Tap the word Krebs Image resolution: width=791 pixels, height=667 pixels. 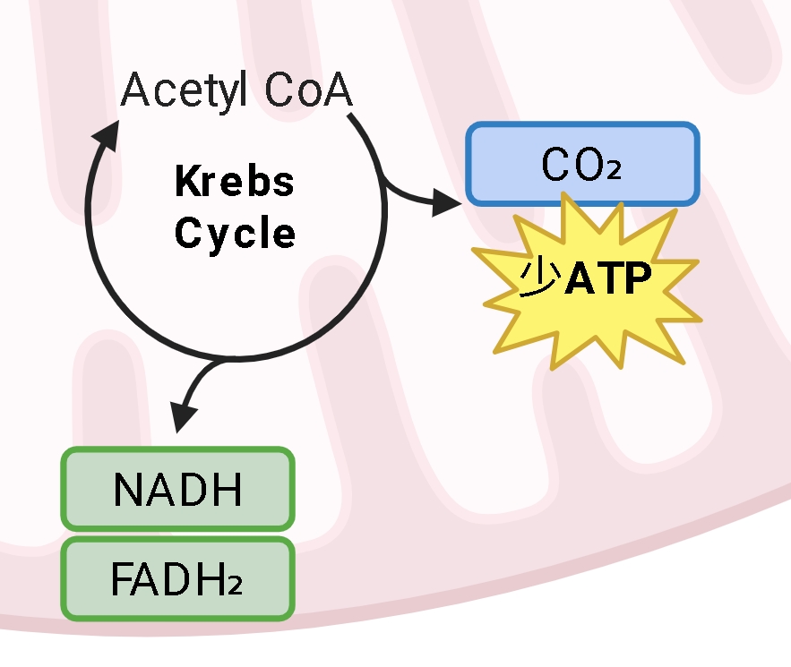235,182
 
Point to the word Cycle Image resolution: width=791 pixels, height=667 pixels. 235,234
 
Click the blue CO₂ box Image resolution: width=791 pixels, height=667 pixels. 581,164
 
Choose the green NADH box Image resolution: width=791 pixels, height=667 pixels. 177,490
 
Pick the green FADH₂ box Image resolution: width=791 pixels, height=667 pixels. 177,579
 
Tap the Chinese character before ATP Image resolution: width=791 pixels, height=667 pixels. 540,278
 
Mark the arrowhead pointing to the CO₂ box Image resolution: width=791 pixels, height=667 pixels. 447,202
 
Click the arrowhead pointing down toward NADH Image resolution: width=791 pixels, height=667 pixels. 183,416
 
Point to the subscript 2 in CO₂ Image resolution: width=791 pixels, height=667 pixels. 613,170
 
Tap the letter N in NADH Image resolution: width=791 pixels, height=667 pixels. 128,490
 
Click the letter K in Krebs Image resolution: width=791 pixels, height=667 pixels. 186,182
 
